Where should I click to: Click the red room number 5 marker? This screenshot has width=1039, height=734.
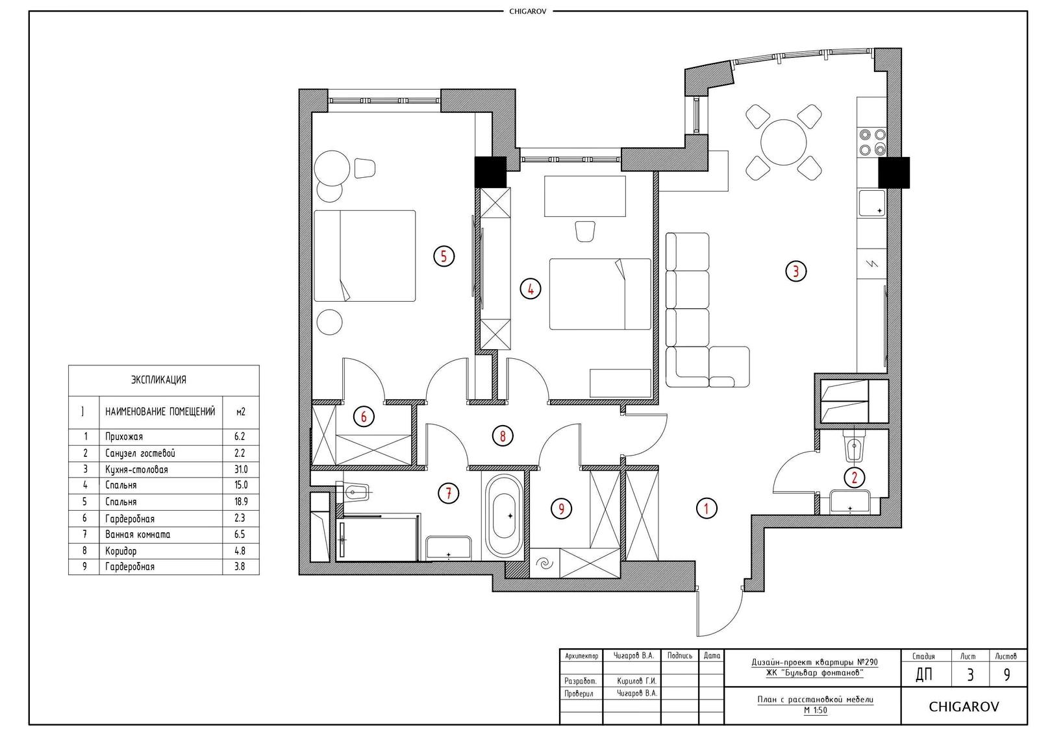pyautogui.click(x=444, y=256)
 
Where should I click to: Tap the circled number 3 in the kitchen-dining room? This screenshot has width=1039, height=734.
pyautogui.click(x=796, y=271)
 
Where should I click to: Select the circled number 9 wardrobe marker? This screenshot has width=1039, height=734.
pyautogui.click(x=561, y=509)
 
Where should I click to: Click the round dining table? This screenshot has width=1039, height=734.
pyautogui.click(x=783, y=142)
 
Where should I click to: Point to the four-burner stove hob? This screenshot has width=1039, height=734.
pyautogui.click(x=872, y=142)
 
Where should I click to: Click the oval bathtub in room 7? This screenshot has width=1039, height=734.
pyautogui.click(x=503, y=515)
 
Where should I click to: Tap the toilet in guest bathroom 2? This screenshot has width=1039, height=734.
pyautogui.click(x=855, y=446)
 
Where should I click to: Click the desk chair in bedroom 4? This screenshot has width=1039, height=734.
pyautogui.click(x=585, y=230)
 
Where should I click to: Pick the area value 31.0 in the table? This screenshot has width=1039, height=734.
pyautogui.click(x=241, y=469)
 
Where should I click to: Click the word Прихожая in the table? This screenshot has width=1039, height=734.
pyautogui.click(x=124, y=436)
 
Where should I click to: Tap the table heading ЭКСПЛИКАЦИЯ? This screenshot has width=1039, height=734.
pyautogui.click(x=158, y=380)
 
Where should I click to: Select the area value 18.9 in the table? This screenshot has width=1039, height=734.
pyautogui.click(x=241, y=502)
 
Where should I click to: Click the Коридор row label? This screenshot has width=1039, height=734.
pyautogui.click(x=121, y=551)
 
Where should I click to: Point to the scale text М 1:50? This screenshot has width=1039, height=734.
pyautogui.click(x=815, y=711)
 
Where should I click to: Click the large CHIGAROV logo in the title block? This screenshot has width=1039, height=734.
pyautogui.click(x=964, y=707)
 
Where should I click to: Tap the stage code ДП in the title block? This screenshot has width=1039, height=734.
pyautogui.click(x=924, y=675)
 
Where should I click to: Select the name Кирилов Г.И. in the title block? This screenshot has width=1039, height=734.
pyautogui.click(x=636, y=681)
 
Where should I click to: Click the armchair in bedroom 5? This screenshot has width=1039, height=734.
pyautogui.click(x=364, y=168)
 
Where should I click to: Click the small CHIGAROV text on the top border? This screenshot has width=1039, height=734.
pyautogui.click(x=527, y=12)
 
